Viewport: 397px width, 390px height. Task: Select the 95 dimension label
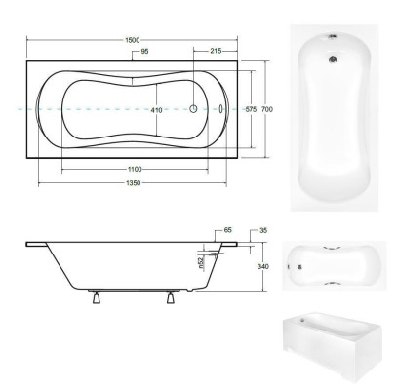point(143,51)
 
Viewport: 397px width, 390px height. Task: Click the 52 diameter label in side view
point(201,263)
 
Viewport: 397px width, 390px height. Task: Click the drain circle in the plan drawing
point(192,110)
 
